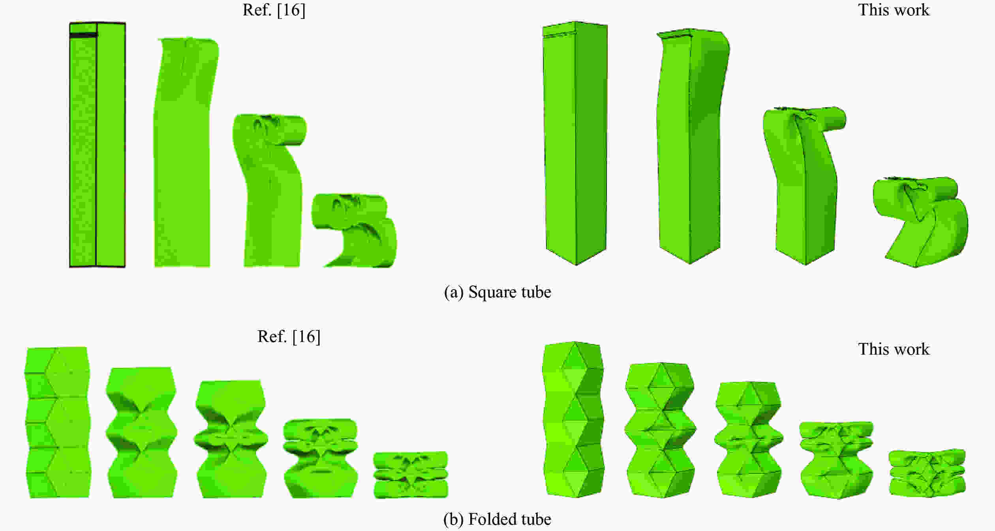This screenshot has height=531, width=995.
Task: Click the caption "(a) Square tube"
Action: pos(497,292)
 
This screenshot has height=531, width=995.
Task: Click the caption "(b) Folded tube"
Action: pos(497,519)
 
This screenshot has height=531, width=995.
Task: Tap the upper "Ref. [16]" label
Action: pos(274,10)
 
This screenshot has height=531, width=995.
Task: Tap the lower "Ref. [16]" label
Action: pos(289,337)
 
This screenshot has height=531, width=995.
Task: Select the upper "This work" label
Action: pos(894,10)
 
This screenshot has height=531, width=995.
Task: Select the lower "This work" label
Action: pos(894,349)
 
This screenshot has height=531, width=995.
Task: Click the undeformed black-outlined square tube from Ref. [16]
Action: pos(98,145)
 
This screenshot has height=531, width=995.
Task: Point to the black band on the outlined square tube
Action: pos(83,36)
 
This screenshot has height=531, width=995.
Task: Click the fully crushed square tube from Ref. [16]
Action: pos(355,230)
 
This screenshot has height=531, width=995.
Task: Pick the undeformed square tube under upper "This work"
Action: pos(575,143)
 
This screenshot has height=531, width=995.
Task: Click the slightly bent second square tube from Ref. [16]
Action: pos(186,152)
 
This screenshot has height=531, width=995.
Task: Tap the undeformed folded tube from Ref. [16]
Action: pos(58,422)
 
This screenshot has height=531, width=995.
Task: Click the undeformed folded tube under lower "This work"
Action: pos(573,419)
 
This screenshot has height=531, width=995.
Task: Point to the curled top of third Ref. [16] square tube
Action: pos(270,129)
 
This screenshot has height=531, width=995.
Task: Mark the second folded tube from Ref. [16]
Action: pos(141,432)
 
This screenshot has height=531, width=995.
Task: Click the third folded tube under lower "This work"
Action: pos(749,439)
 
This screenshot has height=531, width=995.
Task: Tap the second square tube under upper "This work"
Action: pos(693,146)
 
